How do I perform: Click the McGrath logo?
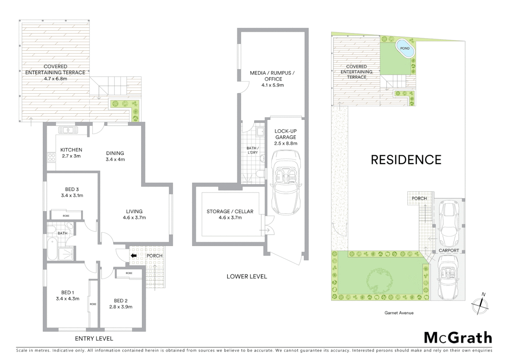(x=458, y=338)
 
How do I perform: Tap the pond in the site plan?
(x=405, y=48)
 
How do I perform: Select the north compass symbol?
(x=480, y=305)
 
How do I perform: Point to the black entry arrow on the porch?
(x=134, y=256)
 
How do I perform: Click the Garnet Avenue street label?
(x=399, y=313)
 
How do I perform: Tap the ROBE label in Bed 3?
(x=66, y=216)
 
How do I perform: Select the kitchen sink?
(x=68, y=130)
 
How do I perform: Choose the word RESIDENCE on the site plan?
(x=406, y=160)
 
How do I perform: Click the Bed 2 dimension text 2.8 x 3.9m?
(x=121, y=307)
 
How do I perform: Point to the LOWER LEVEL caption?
(x=247, y=276)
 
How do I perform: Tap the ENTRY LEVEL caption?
(x=94, y=338)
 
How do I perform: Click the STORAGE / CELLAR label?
(x=230, y=211)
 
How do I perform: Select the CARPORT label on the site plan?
(x=449, y=250)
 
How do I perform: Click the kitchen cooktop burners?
(x=51, y=157)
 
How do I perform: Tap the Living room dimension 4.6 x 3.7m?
(x=134, y=217)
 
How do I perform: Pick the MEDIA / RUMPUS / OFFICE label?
(x=272, y=76)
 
